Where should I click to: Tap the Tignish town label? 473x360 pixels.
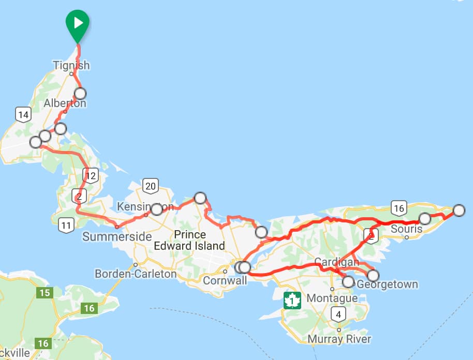coord(71,65)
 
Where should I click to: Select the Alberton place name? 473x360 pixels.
coord(65,103)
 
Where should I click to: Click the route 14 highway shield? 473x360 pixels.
coord(22,114)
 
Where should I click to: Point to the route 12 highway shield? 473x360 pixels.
coord(91,175)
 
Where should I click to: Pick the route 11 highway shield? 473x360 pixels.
coord(66,225)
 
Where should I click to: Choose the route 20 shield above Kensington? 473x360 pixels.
coord(151,186)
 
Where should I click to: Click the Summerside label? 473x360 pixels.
coord(117,237)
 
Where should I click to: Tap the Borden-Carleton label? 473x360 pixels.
coord(136,274)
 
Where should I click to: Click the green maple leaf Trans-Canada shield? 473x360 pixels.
coord(292,300)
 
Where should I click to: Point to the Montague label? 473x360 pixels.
coord(332,298)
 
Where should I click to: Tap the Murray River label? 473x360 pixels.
coord(339,339)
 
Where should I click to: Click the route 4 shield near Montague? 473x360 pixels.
coord(338,314)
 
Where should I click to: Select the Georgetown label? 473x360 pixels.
coord(387,284)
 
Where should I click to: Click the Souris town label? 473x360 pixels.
coord(407,228)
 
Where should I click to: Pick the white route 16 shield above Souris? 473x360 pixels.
coord(398,208)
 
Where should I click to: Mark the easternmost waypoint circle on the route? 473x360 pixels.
coord(459,210)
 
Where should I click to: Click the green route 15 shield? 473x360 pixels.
coord(45,293)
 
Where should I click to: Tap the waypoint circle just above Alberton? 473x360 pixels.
coord(80,94)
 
